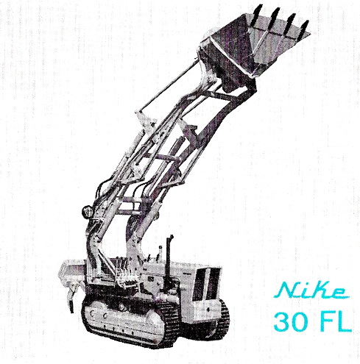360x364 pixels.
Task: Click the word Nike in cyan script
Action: (x=313, y=290)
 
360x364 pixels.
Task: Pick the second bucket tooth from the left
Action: (x=275, y=17)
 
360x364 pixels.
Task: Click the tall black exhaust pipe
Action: (x=169, y=251)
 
